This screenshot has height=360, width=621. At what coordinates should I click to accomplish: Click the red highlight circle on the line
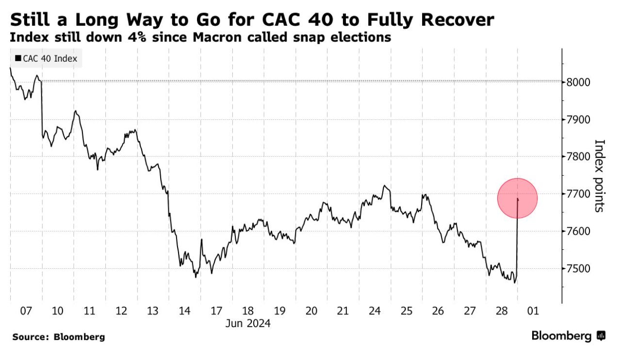[x=517, y=198]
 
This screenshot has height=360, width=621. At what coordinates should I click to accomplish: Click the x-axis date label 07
[x=25, y=311]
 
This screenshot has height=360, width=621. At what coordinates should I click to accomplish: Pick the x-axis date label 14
[x=184, y=311]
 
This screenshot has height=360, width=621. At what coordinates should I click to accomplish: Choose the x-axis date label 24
[x=375, y=311]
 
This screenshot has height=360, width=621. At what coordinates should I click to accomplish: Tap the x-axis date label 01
[x=533, y=311]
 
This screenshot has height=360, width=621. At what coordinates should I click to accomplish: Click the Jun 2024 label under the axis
[x=247, y=323]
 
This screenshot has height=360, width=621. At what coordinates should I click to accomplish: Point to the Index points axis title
[x=600, y=176]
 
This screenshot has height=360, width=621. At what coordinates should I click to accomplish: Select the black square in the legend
[x=18, y=59]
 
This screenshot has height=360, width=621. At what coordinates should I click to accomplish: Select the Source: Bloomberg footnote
[x=58, y=337]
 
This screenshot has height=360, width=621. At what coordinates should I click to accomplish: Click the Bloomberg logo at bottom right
[x=568, y=335]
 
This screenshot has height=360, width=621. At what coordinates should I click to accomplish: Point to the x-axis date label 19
[x=279, y=311]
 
